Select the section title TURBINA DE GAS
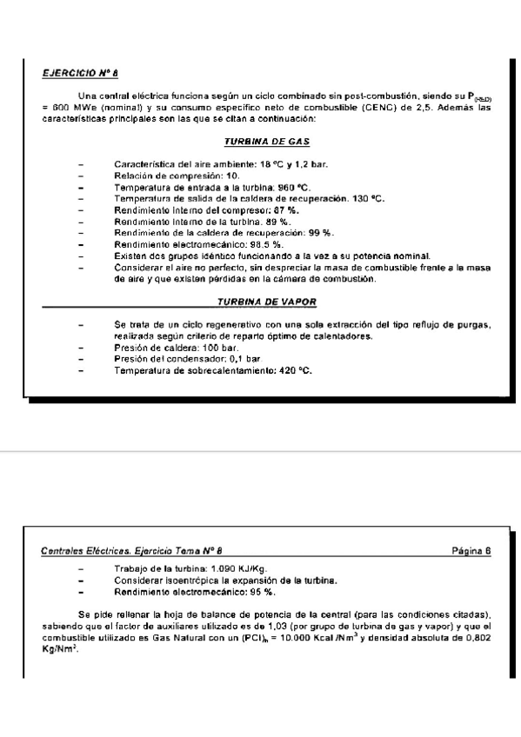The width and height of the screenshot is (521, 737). (267, 141)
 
